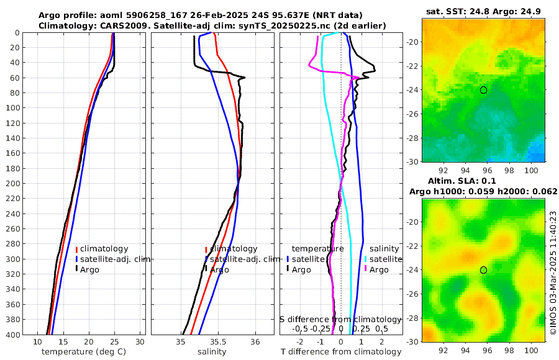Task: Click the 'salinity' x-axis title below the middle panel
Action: tap(212, 352)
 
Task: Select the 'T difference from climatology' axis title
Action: tap(341, 352)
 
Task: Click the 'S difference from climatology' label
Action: tap(341, 318)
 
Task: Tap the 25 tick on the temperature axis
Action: tap(114, 342)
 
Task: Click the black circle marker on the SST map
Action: tap(483, 90)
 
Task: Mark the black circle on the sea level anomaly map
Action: tap(483, 269)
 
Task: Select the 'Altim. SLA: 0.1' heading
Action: tap(483, 181)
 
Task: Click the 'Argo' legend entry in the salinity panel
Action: tap(219, 269)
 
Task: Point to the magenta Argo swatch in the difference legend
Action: tap(366, 269)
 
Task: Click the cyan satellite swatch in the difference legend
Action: tap(366, 259)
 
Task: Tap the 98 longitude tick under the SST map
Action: tap(508, 169)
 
